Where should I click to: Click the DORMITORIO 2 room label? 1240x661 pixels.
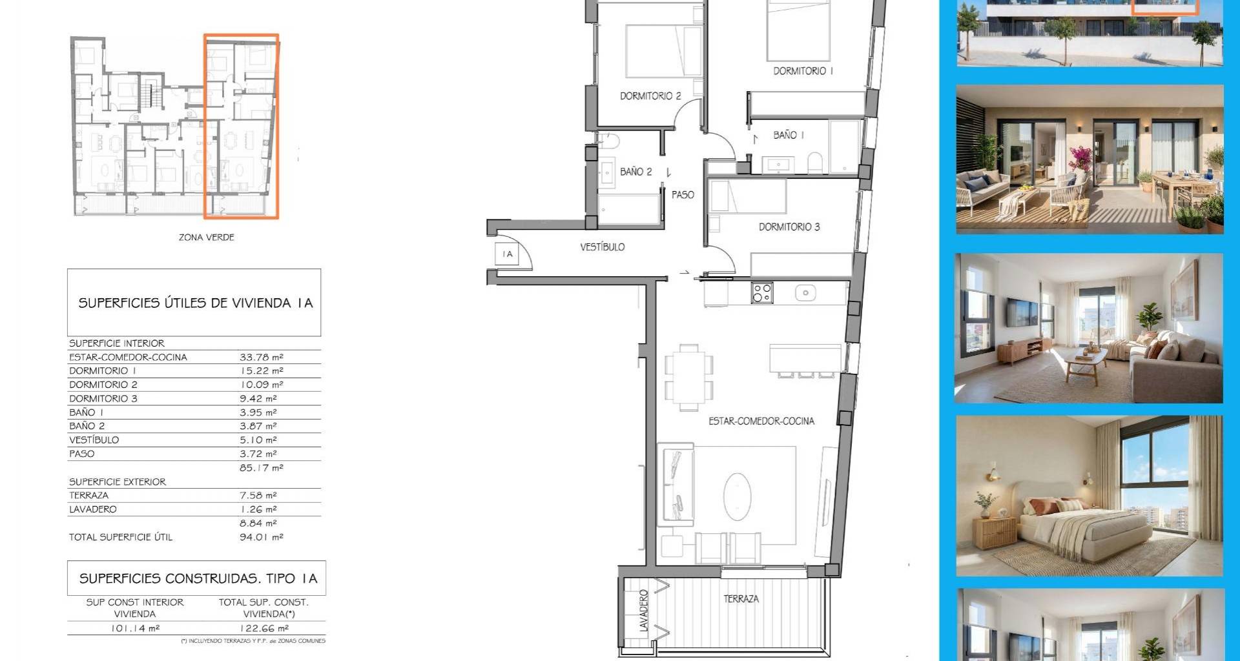coord(650,96)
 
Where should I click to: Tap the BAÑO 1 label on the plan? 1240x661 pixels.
coord(789,135)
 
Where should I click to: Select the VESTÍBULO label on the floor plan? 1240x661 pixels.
coord(602,247)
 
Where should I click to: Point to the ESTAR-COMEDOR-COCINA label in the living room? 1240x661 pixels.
coord(761,421)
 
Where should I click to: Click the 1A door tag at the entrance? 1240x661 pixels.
coord(508,254)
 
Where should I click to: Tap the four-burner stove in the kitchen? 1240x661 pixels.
coord(762,293)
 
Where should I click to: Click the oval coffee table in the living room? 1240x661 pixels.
coord(738,496)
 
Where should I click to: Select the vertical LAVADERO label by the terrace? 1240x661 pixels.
coord(643,611)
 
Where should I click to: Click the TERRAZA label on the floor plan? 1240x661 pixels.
coord(741,599)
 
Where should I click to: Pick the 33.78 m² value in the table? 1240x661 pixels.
coord(262,357)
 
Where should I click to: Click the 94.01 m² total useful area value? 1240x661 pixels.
coord(262,537)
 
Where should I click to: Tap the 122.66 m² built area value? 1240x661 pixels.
coord(265,628)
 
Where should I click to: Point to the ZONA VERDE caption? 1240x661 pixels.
coord(207,238)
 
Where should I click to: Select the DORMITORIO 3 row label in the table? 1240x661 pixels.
coord(103,398)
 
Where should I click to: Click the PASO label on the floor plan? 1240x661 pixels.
coord(683,195)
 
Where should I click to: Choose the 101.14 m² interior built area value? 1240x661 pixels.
coord(135,628)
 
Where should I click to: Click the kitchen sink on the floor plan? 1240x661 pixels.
coord(805,293)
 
